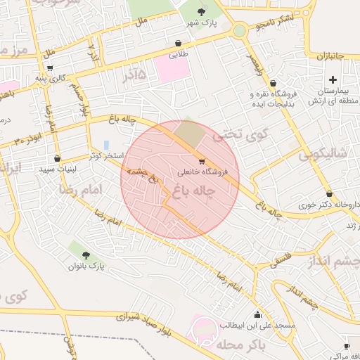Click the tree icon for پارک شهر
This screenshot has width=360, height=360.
[x=202, y=11]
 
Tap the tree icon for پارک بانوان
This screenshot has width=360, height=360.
[x=86, y=255]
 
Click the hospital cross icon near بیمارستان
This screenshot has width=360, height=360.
[x=333, y=79]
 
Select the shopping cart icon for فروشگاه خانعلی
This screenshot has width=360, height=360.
[x=202, y=161]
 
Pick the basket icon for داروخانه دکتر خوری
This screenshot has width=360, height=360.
[x=329, y=193]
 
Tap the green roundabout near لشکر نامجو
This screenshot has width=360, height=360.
[x=240, y=31]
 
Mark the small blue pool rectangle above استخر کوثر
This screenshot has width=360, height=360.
[x=106, y=144]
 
